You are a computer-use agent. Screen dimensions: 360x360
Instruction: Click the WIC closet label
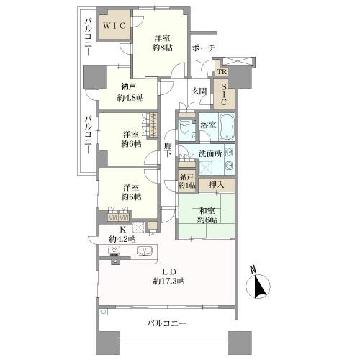(113, 26)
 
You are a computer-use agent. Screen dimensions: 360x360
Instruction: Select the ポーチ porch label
(202, 48)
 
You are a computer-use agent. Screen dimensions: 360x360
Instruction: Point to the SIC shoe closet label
(222, 96)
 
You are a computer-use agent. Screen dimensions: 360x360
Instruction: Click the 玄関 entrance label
(199, 91)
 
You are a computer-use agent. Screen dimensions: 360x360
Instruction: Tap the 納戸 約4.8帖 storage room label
(131, 93)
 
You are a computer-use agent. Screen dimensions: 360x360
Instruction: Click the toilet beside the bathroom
(185, 130)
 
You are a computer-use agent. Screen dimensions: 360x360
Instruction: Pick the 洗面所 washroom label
(212, 153)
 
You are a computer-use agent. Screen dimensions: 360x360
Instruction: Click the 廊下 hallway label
(167, 150)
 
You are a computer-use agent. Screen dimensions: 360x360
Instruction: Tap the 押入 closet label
(215, 185)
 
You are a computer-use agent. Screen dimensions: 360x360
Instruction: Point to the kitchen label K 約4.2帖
(122, 235)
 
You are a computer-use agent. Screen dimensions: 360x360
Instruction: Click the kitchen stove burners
(114, 251)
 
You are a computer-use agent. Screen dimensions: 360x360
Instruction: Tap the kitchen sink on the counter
(145, 251)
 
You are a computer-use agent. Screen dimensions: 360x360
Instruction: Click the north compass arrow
(261, 287)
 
